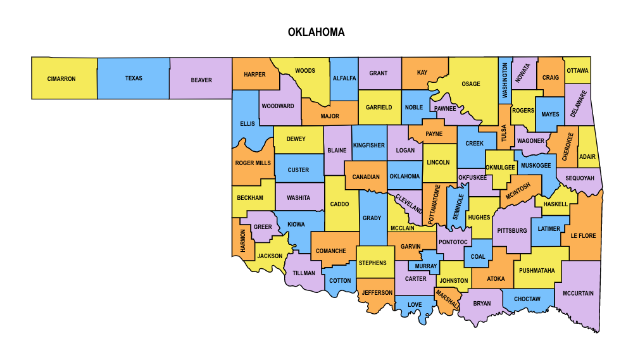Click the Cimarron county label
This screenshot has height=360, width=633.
61,79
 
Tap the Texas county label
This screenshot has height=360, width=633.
134,78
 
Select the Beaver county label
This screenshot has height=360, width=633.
201,80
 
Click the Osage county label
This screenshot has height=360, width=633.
470,84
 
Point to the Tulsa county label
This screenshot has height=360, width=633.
505,133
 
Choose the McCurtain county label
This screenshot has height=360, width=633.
578,294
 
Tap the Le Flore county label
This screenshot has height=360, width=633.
583,236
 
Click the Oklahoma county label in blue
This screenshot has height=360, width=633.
404,177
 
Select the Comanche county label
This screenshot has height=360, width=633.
330,251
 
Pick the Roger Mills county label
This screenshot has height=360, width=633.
253,163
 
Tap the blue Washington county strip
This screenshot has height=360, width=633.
505,80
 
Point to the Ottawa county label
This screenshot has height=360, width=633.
577,71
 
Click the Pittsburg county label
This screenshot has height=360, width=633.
512,231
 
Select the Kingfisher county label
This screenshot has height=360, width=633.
369,146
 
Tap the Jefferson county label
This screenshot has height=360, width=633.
377,293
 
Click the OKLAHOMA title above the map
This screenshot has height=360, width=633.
316,32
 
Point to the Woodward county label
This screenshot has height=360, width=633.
278,106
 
